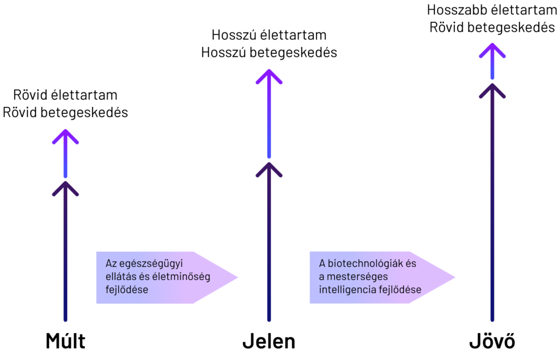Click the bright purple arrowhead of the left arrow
pos(66,133)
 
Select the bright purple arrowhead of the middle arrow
pos(269,73)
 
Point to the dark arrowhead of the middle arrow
pos(269,166)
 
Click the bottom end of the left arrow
pos(66,320)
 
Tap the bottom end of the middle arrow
pos(269,320)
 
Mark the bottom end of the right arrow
pos(492,320)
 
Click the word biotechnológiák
pos(366,264)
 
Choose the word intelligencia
pos(347,290)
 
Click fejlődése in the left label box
pos(126,290)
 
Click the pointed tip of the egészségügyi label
pos(238,277)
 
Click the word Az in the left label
pos(111,264)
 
